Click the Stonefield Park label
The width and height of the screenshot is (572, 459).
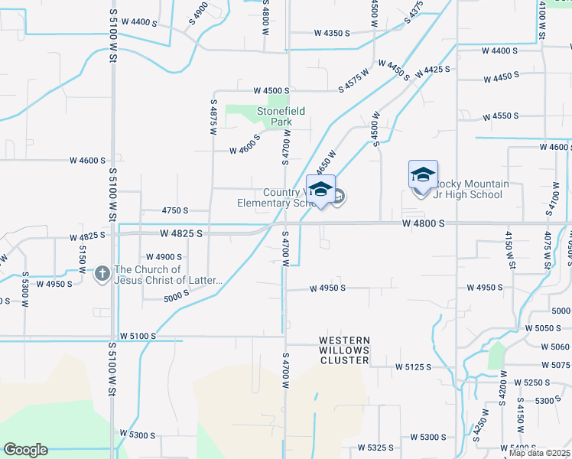click(281, 116)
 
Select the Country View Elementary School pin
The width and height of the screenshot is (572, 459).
click(320, 190)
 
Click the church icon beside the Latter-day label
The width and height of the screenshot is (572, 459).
click(103, 273)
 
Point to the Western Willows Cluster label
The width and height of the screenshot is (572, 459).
click(344, 350)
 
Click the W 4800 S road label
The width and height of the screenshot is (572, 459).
click(424, 223)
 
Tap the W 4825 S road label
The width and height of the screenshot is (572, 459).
click(181, 233)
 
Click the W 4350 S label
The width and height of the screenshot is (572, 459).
click(331, 33)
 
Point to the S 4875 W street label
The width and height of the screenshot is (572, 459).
click(213, 117)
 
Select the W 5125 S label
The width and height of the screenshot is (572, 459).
click(413, 367)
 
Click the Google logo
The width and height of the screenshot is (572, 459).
click(25, 450)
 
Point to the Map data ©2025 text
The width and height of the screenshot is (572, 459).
click(540, 453)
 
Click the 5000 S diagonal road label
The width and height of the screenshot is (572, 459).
click(176, 295)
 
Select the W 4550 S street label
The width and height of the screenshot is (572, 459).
click(501, 116)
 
